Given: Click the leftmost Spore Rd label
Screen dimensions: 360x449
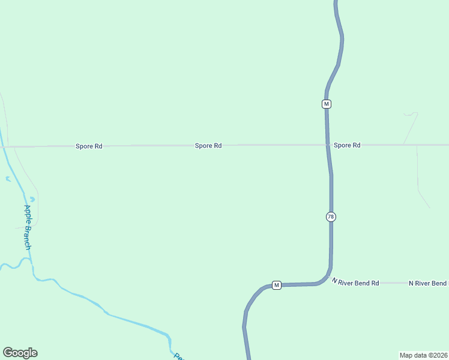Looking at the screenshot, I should tap(89, 146).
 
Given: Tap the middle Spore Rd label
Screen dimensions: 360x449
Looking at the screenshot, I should tap(208, 145).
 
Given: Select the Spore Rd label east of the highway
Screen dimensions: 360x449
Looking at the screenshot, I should tap(347, 145).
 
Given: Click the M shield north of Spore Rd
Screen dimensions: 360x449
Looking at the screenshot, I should tap(327, 104).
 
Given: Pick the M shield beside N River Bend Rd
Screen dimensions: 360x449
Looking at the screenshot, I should tap(276, 285).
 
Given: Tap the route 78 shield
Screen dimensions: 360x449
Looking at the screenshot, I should tap(331, 217).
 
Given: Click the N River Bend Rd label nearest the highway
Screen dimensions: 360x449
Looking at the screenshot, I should tap(356, 282).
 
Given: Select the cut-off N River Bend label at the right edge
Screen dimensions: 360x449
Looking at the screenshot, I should tap(428, 283).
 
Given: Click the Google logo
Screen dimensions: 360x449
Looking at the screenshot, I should tap(20, 353).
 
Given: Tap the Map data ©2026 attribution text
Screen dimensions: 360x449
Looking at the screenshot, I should tap(423, 355).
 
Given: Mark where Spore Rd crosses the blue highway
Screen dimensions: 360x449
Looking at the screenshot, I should tap(327, 145).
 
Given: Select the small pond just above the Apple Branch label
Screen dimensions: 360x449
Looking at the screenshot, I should tap(32, 199).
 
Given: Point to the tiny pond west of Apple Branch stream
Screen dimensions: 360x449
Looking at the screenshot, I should tap(7, 179).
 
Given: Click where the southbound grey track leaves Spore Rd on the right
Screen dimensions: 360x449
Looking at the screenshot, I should tap(417, 146).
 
